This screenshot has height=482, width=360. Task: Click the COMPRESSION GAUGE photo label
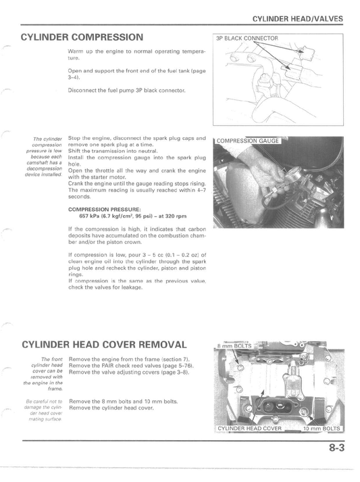(249, 142)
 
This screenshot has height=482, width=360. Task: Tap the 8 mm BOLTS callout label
(234, 345)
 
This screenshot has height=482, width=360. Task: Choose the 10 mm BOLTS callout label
(324, 429)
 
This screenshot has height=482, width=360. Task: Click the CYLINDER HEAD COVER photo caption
(249, 429)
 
